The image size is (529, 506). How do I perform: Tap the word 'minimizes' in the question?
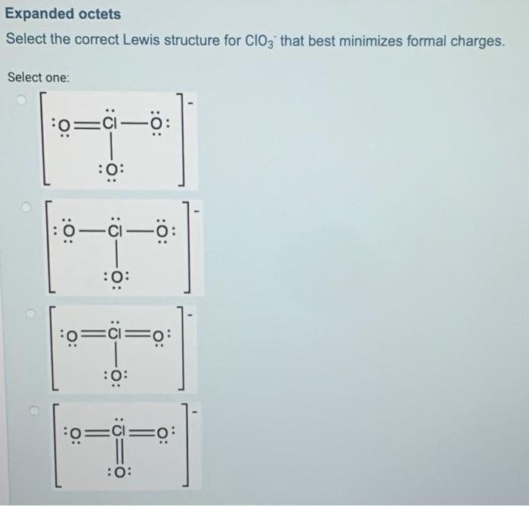coord(406,39)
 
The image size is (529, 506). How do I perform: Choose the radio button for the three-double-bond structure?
coord(32,411)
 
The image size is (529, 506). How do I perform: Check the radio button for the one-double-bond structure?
coord(24,99)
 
